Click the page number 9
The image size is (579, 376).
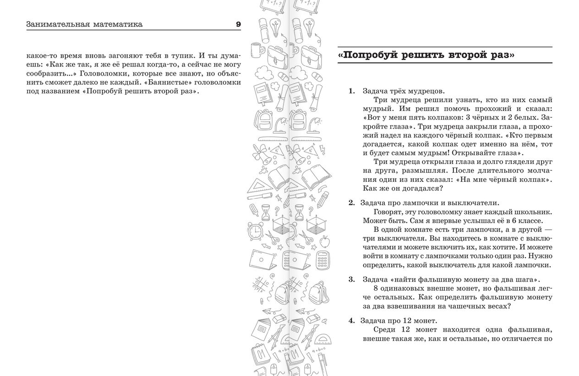click(238, 24)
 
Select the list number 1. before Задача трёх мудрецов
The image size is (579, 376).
click(352, 91)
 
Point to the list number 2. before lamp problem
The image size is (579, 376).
click(351, 203)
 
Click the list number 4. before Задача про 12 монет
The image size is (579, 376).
click(351, 321)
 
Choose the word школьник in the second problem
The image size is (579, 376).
click(534, 212)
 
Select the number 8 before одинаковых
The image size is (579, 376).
click(376, 288)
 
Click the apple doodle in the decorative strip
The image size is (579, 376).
click(324, 240)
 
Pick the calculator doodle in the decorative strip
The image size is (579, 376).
click(324, 260)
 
